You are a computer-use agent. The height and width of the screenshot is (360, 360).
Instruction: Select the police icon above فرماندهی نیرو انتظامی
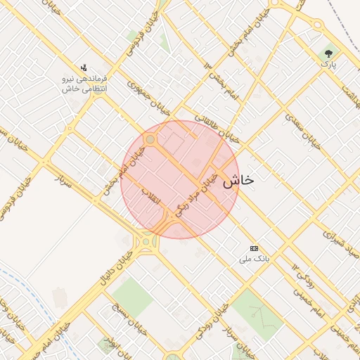click(x=84, y=68)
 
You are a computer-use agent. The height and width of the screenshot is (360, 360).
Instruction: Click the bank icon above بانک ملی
click(x=254, y=248)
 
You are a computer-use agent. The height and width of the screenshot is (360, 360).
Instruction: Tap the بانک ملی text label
click(x=254, y=259)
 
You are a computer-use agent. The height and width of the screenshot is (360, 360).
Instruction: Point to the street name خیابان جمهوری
click(x=149, y=98)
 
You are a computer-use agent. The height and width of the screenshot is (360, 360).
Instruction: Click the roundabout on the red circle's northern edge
click(x=150, y=140)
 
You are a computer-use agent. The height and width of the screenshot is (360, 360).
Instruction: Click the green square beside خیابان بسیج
click(x=131, y=296)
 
